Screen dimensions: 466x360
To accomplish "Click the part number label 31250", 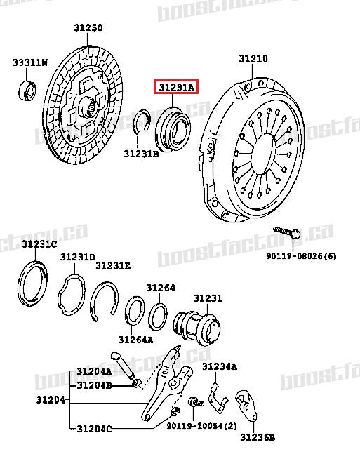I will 88,28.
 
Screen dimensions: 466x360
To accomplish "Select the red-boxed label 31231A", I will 176,88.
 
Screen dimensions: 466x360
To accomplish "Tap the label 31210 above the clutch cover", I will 253,60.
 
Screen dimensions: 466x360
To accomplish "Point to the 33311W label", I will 29,63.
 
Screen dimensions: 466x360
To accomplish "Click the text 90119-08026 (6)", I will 300,255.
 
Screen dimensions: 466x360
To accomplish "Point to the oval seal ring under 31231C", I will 32,284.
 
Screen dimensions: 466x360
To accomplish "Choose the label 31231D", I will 76,258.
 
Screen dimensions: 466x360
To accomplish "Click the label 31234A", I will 220,366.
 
